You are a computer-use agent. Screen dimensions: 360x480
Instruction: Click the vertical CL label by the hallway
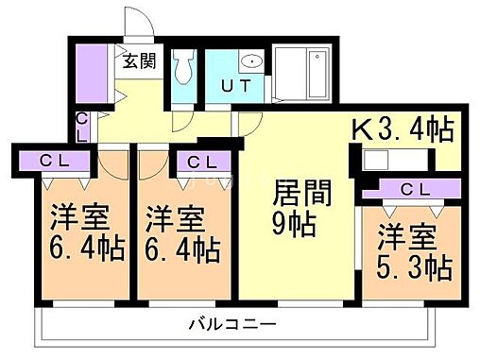82,127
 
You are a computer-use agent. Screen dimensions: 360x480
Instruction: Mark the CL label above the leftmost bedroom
54,162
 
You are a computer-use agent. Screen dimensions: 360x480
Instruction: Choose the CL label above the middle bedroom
200,163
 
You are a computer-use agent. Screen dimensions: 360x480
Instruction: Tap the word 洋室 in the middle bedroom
176,219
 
